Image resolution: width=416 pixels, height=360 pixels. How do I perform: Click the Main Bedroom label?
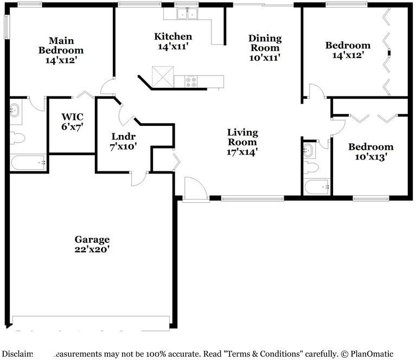(x=61, y=50)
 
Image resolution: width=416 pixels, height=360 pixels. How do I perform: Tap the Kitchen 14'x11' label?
(x=173, y=42)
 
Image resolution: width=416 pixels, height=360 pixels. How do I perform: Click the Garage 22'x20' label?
(x=92, y=245)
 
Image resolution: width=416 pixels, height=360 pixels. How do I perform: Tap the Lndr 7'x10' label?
(x=123, y=141)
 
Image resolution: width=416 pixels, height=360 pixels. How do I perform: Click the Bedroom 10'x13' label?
(x=370, y=152)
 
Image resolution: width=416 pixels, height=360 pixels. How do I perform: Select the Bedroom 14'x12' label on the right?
(x=347, y=50)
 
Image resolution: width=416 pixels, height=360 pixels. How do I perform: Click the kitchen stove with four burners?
(x=192, y=81)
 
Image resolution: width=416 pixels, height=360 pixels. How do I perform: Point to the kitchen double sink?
(x=188, y=14)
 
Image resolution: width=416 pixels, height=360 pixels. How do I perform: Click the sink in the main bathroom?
(x=16, y=111)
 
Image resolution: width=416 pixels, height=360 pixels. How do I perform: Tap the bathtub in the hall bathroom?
(x=317, y=187)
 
